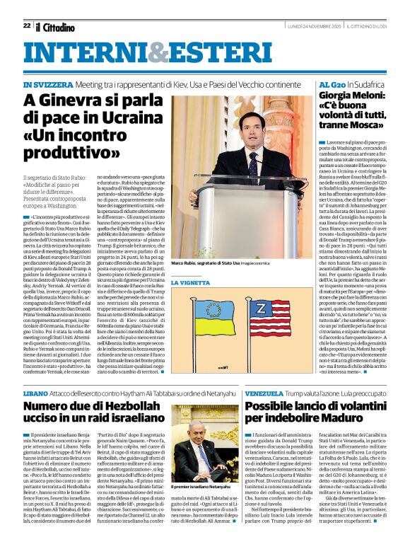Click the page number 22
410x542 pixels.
(x=26, y=25)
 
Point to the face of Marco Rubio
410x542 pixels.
(x=254, y=129)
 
